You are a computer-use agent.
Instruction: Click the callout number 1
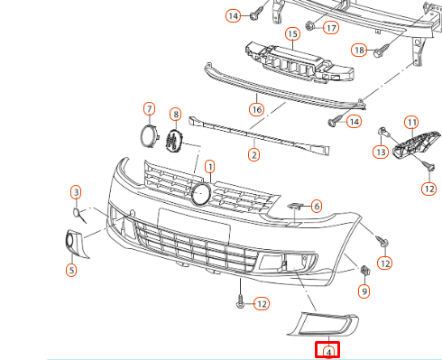tap(210, 166)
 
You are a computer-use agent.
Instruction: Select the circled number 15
tap(292, 34)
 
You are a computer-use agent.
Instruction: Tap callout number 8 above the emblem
tap(176, 114)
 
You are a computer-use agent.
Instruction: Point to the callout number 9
tap(364, 291)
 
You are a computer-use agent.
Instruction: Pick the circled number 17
tap(331, 28)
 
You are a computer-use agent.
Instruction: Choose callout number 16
tap(256, 109)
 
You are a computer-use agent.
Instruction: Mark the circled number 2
tap(254, 155)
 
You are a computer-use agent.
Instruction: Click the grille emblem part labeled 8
tap(174, 141)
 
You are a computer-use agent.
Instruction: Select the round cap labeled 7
tap(150, 135)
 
